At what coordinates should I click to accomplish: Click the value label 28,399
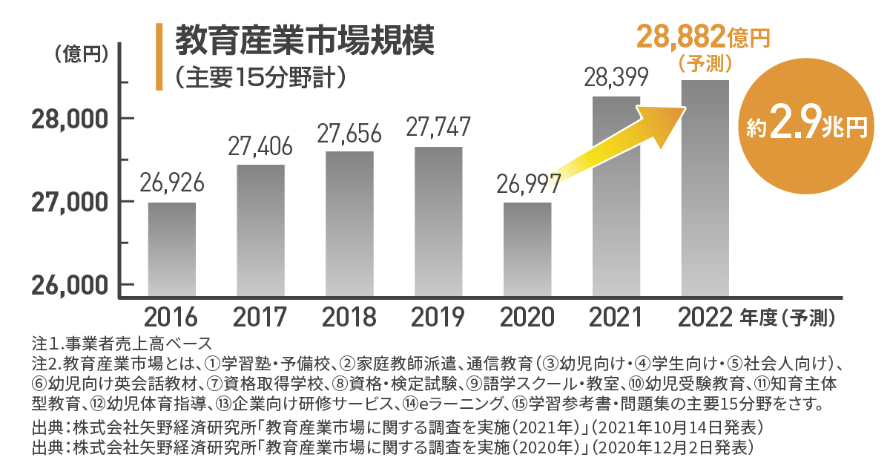tap(616, 77)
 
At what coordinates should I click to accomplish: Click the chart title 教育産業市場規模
tap(303, 41)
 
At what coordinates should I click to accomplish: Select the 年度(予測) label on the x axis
tap(789, 318)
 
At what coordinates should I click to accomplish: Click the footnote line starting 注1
tap(122, 344)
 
